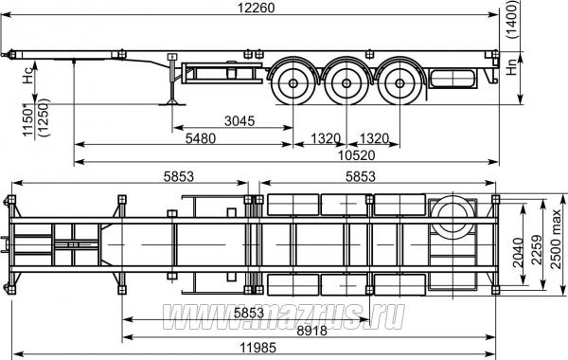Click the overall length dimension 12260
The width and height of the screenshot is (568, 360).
(257, 8)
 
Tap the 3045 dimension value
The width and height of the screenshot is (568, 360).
(240, 120)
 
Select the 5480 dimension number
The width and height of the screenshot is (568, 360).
(201, 138)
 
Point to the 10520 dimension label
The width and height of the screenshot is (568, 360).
(357, 155)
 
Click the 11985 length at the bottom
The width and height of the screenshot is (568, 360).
(257, 348)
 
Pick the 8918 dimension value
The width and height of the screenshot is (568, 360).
(311, 331)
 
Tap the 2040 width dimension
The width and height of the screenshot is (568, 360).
(519, 253)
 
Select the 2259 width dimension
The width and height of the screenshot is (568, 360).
(537, 250)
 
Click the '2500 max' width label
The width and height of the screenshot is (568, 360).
(556, 239)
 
